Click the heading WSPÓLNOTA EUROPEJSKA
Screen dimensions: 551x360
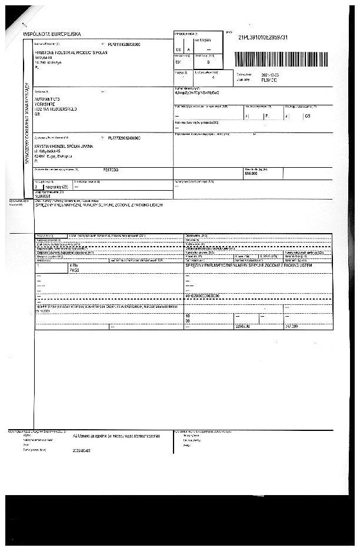tap(52, 35)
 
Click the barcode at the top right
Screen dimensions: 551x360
tap(281, 59)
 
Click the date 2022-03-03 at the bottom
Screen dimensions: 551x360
tap(81, 451)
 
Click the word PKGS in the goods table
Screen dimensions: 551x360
tap(74, 271)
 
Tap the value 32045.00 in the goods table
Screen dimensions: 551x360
tap(242, 326)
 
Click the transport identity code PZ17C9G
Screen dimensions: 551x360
tap(111, 169)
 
